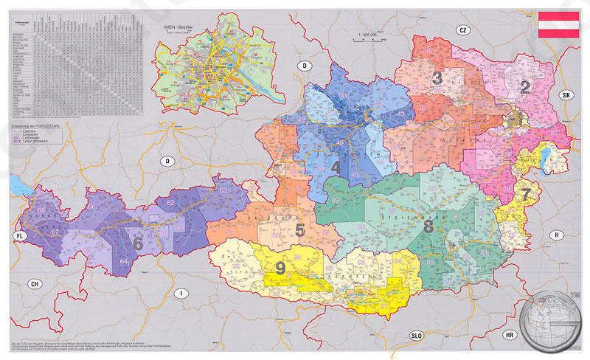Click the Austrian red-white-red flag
(558, 26)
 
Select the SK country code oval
(566, 95)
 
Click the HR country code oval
(510, 334)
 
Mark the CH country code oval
(33, 284)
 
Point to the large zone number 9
(280, 269)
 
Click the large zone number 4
(336, 167)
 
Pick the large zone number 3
(437, 77)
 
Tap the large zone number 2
(524, 87)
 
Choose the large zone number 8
(428, 226)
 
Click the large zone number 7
(525, 195)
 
